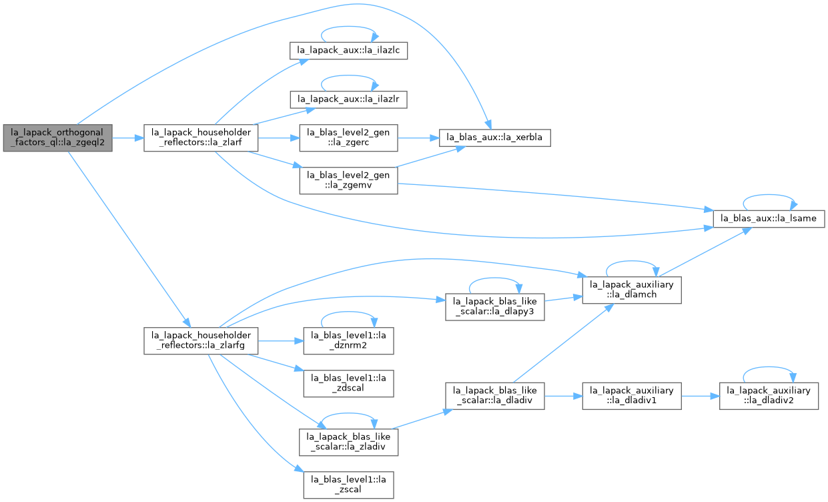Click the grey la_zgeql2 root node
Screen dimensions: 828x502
tap(57, 138)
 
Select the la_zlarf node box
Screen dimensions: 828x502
tap(201, 138)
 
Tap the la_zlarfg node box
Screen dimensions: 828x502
tap(201, 340)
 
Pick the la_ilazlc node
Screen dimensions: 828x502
tap(348, 51)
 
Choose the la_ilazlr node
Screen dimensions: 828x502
tap(348, 99)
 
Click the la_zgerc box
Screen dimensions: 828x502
tap(348, 138)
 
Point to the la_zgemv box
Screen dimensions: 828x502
tap(348, 180)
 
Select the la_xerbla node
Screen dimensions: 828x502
tap(495, 138)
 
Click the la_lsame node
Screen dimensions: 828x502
tap(769, 219)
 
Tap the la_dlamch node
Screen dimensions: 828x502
tap(632, 290)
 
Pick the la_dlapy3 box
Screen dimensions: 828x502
tap(495, 307)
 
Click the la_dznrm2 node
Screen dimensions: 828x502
tap(348, 340)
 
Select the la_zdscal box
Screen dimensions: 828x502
tap(348, 384)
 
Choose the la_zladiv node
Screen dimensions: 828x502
tap(348, 442)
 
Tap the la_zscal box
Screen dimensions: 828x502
tap(348, 485)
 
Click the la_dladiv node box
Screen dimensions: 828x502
tap(495, 396)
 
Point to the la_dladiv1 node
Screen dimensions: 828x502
tap(632, 396)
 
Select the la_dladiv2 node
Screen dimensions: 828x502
tap(769, 396)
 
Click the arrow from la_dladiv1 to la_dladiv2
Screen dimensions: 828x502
tap(701, 397)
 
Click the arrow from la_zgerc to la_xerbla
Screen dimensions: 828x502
tap(418, 138)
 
